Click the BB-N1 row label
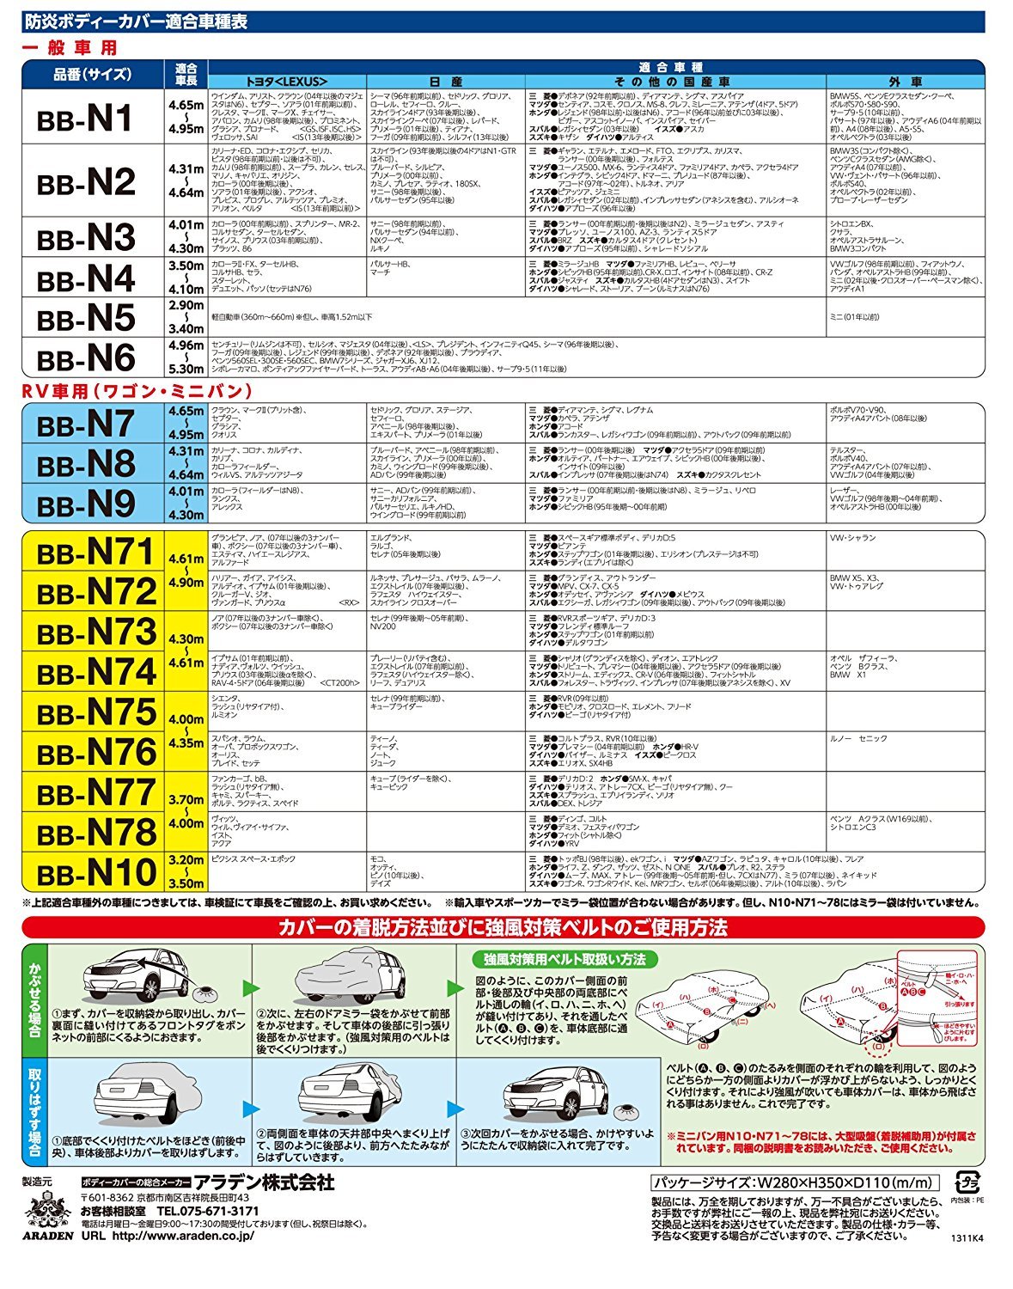tap(86, 118)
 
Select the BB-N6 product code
tap(86, 357)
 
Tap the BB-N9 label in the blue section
tap(86, 504)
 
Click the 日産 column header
tap(445, 82)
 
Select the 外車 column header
tap(905, 82)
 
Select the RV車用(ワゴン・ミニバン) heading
tap(137, 391)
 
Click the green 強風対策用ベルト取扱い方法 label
tap(564, 960)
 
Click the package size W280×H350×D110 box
tap(795, 1182)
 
